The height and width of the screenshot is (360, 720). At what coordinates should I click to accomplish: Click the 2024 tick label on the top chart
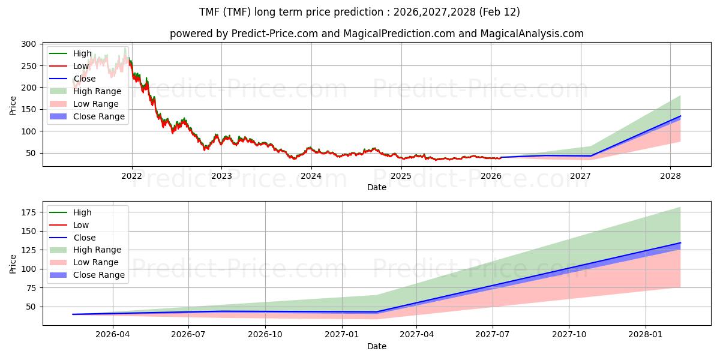pos(311,176)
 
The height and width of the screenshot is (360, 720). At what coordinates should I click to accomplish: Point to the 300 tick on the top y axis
pos(28,44)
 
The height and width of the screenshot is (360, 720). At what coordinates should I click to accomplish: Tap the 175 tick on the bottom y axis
pos(28,212)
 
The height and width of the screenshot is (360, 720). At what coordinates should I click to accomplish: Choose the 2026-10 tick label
pos(265,334)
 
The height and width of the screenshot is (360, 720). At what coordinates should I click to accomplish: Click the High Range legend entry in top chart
pos(97,91)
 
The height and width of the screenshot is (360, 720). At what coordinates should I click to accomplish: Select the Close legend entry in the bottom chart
pos(84,238)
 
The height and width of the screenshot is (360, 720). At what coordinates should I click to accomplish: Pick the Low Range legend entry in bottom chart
pos(96,262)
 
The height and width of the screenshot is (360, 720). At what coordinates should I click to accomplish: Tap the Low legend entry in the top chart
pos(81,66)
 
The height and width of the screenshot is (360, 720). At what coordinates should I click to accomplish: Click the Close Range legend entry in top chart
pos(98,116)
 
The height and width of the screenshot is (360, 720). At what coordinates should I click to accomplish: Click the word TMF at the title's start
pos(210,12)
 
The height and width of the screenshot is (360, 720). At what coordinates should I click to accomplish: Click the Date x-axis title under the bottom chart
pos(377,346)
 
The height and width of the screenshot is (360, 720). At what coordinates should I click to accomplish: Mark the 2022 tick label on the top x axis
pos(131,176)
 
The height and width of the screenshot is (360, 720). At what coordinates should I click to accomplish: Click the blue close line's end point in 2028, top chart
pos(680,116)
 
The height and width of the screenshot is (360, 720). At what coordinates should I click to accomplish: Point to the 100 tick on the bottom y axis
pos(28,269)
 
